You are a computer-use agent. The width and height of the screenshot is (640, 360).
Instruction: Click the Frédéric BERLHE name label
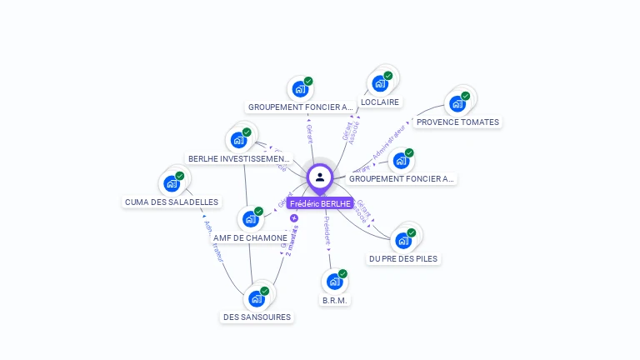[320, 203]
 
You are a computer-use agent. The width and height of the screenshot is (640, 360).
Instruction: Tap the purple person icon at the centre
[320, 177]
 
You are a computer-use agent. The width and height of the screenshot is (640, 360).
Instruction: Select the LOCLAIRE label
[380, 102]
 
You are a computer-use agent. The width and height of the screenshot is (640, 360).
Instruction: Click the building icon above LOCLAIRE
[381, 82]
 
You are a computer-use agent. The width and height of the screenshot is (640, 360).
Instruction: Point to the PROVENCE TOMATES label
[457, 122]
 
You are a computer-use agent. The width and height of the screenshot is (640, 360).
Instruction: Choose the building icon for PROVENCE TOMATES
[457, 103]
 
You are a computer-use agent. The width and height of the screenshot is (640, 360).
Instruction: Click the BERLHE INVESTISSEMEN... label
[239, 158]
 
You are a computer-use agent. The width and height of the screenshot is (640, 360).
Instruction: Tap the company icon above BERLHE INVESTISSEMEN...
[240, 140]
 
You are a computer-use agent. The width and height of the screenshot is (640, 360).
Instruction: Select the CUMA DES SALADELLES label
[172, 202]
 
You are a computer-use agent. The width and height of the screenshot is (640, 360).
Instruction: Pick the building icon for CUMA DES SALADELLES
[172, 183]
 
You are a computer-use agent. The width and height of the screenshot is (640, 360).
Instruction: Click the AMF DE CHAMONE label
[250, 237]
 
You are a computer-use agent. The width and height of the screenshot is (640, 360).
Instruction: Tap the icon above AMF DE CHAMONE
[250, 219]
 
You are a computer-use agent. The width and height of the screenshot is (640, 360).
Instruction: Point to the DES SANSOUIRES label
[257, 317]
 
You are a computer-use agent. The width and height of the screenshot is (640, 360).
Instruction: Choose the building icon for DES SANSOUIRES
[257, 298]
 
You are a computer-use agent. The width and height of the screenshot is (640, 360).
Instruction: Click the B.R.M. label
[335, 300]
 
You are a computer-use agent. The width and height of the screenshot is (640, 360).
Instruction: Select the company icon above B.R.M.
[335, 282]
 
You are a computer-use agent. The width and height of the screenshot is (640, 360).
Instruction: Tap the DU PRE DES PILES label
[403, 258]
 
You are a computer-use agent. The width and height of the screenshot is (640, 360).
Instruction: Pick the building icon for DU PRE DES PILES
[404, 240]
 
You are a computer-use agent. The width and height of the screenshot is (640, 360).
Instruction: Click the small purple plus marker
[294, 218]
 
